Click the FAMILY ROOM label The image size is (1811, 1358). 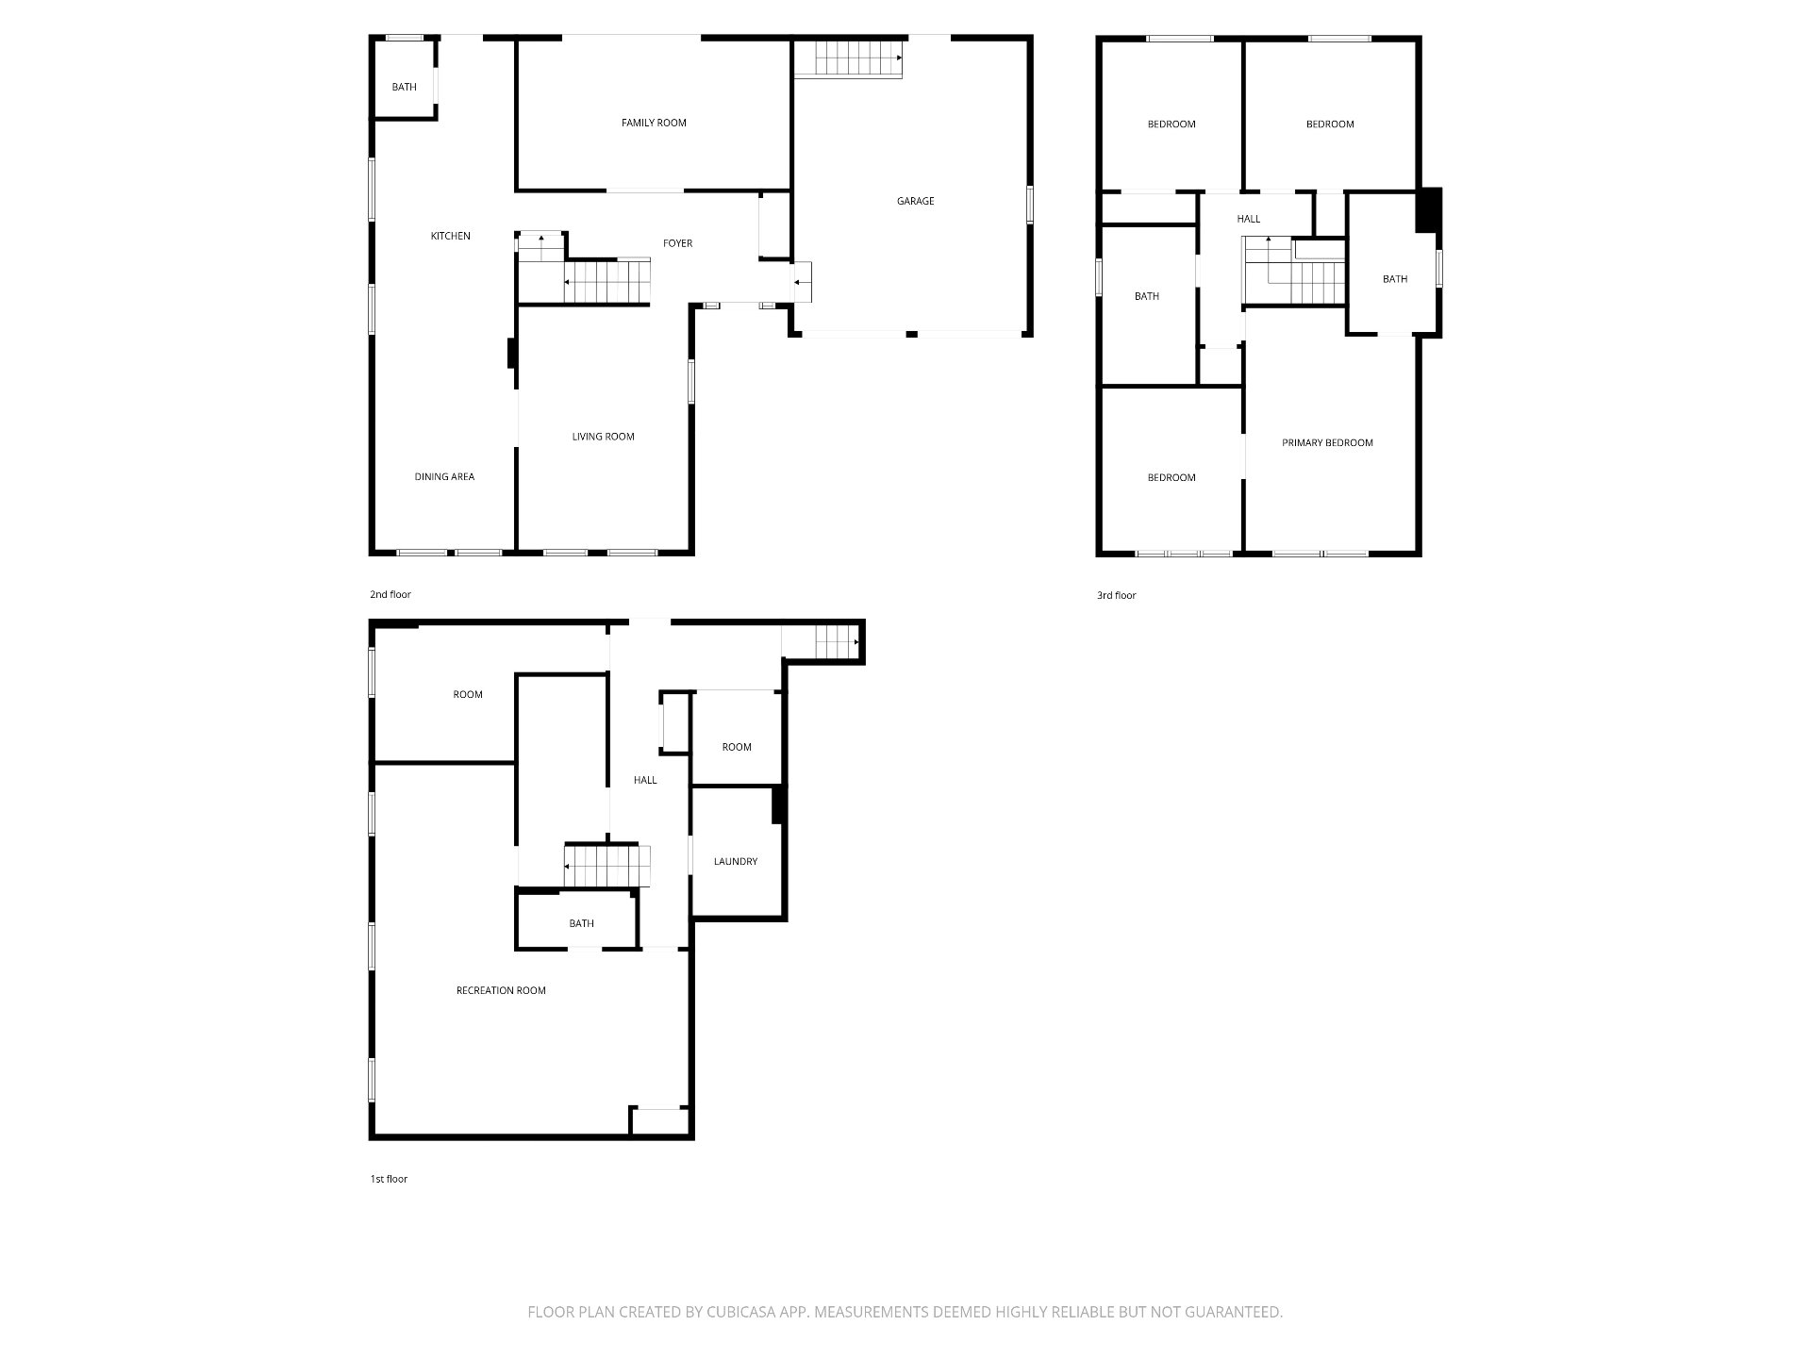click(654, 123)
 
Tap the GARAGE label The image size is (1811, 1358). click(915, 201)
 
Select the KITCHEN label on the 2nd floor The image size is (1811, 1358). click(450, 236)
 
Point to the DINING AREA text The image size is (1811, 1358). click(444, 476)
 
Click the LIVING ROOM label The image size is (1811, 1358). click(603, 437)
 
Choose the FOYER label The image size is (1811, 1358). click(677, 243)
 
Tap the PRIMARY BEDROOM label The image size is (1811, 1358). click(1327, 442)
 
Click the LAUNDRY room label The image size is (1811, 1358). click(736, 861)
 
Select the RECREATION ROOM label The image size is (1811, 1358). click(501, 990)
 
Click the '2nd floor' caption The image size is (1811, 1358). click(390, 594)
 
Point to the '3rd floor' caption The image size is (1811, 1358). click(1117, 595)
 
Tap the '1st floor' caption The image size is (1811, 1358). click(389, 1179)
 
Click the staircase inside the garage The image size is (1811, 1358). click(849, 58)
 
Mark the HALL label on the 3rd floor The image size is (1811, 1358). click(1248, 219)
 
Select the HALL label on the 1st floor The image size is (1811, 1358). click(645, 780)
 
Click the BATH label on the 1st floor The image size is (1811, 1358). click(581, 923)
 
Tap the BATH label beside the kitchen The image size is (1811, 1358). click(404, 87)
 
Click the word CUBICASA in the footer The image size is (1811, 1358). click(747, 1312)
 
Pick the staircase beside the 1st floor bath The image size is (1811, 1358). click(607, 865)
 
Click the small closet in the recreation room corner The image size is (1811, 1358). click(660, 1120)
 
